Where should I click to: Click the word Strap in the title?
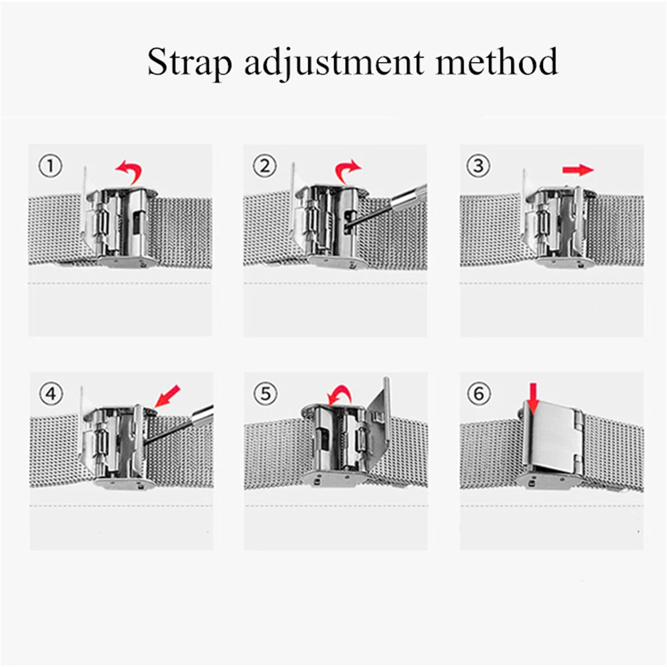pos(188,63)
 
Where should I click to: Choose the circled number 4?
pos(50,394)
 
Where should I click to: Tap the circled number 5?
pos(265,394)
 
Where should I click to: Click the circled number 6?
pos(478,394)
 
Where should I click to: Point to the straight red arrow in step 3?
pos(577,170)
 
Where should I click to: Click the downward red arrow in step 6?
pos(533,398)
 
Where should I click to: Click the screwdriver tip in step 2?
pos(352,223)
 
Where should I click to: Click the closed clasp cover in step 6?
pos(552,437)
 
